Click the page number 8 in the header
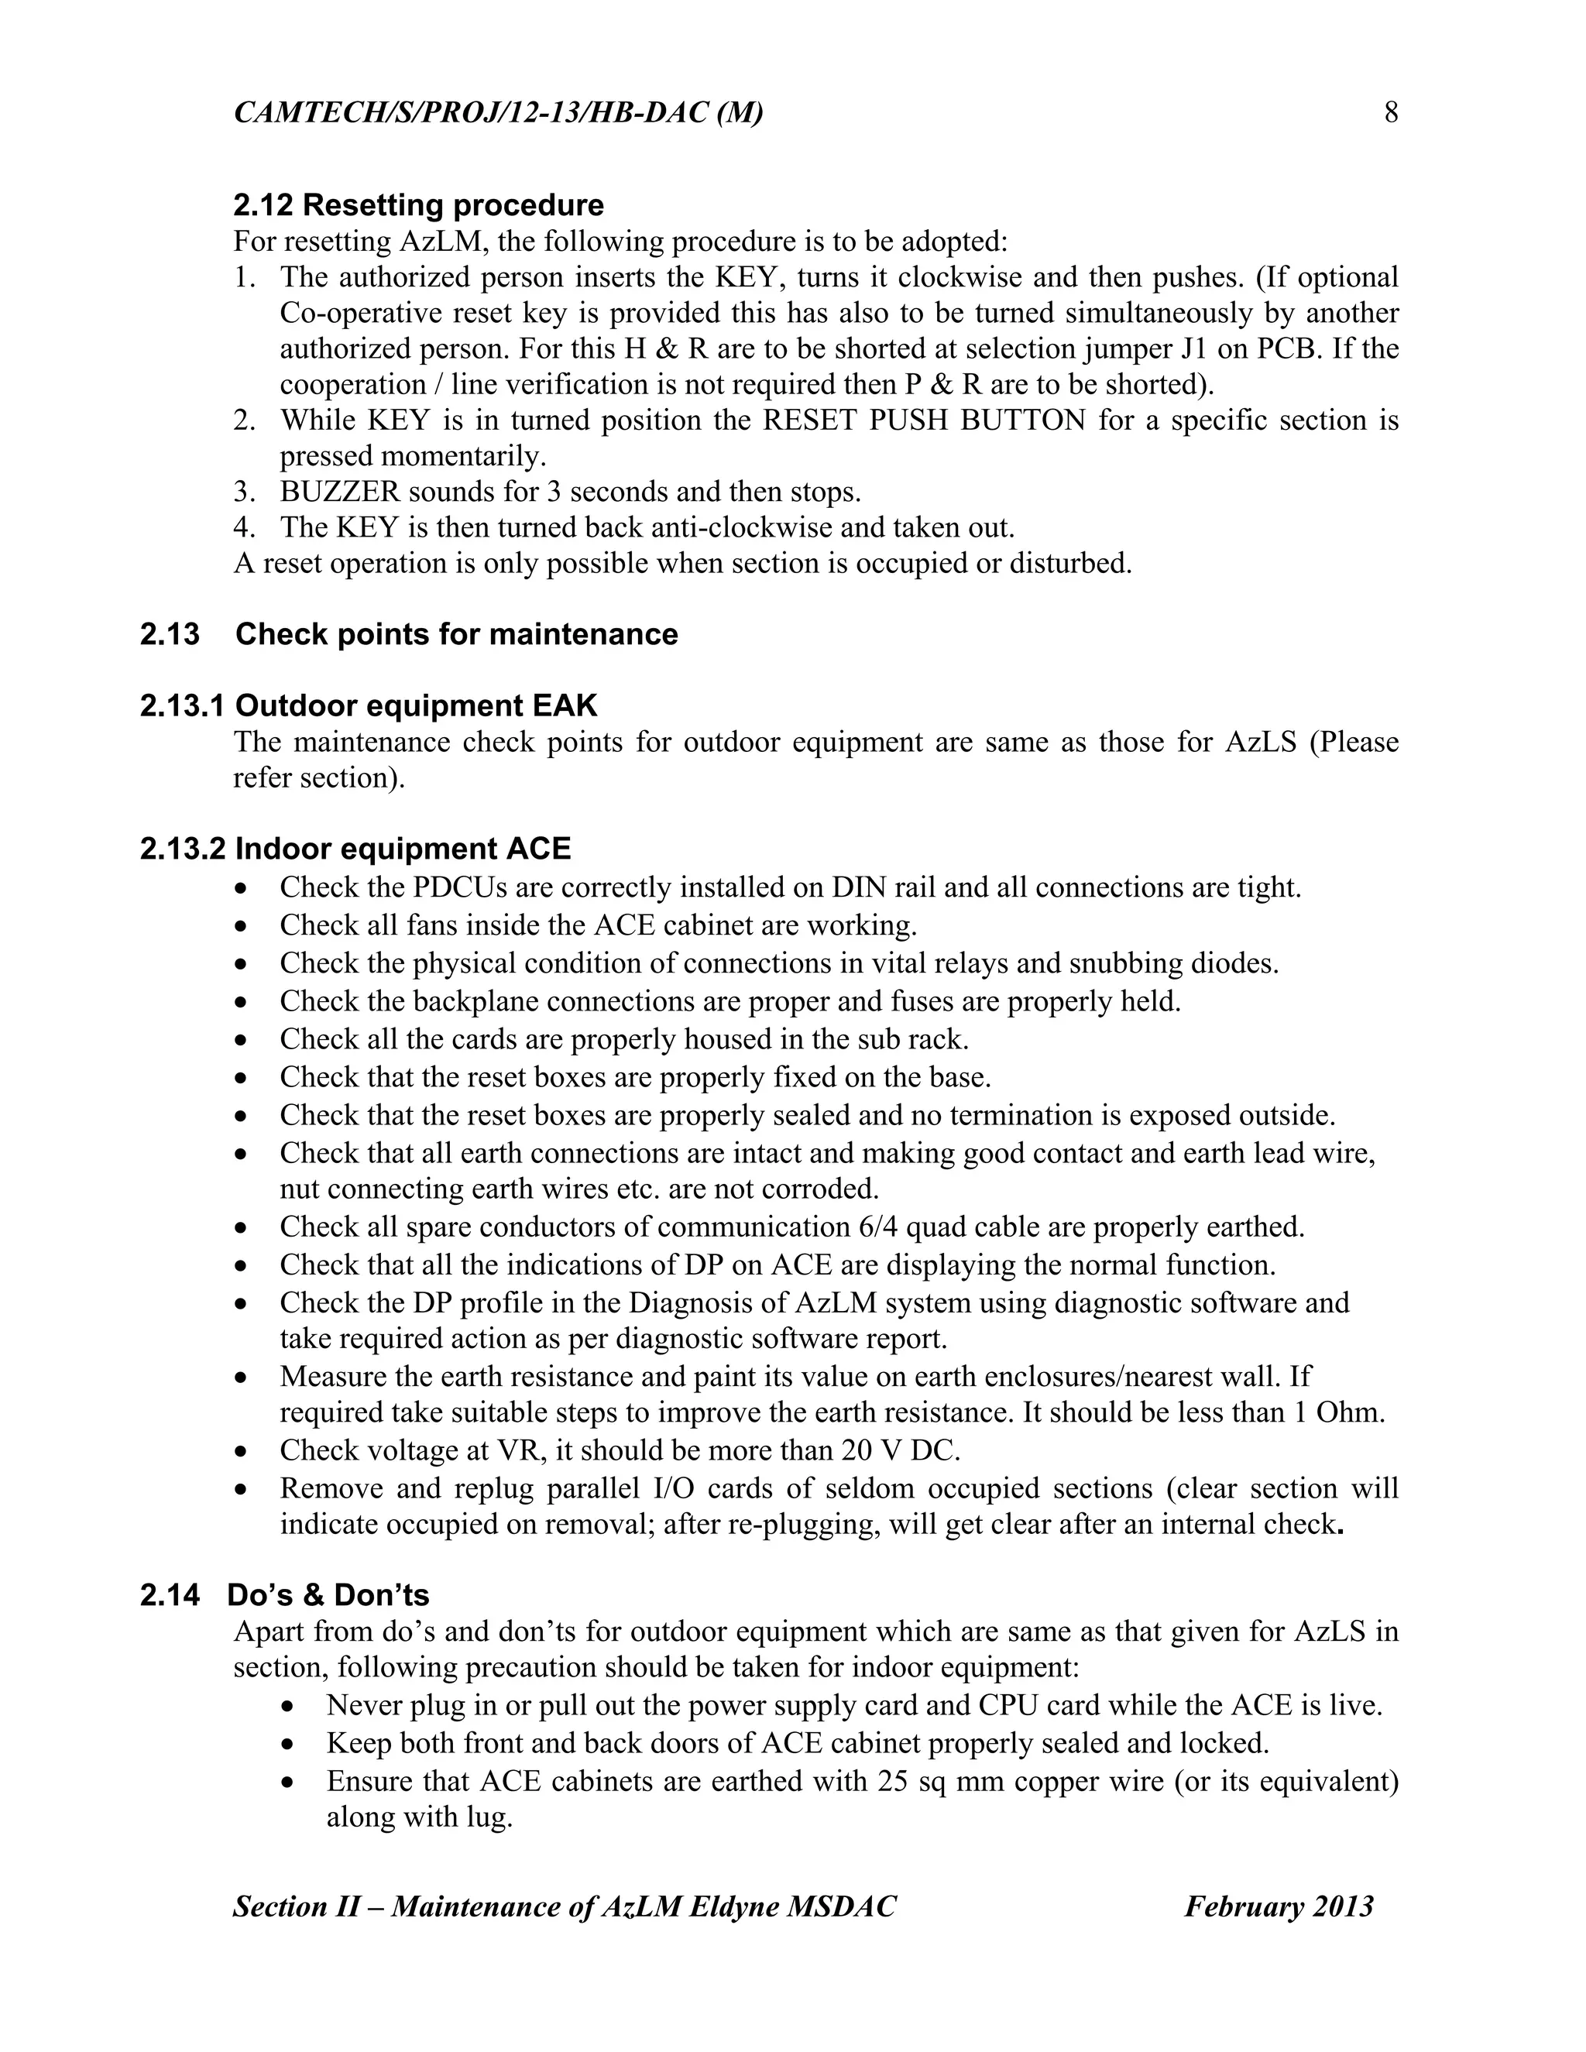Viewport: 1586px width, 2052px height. pyautogui.click(x=1391, y=114)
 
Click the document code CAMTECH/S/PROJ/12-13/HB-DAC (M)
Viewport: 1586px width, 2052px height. pyautogui.click(x=498, y=114)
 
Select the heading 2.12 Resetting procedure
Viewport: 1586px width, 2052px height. pyautogui.click(x=418, y=205)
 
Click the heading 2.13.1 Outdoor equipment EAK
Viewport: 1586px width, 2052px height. pyautogui.click(x=369, y=705)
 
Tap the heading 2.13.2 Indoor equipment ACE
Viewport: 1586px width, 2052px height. pyautogui.click(x=355, y=849)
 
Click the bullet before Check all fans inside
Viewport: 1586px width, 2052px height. pyautogui.click(x=243, y=926)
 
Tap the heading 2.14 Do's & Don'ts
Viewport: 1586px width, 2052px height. pyautogui.click(x=285, y=1595)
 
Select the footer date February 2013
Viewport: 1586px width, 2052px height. pyautogui.click(x=1278, y=1906)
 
